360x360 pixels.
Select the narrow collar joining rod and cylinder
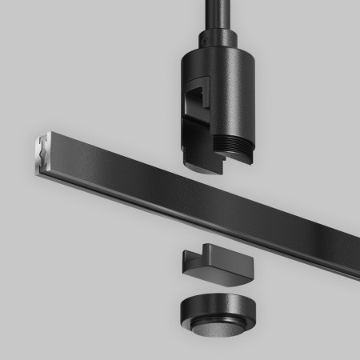(x=214, y=37)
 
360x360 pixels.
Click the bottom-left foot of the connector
(x=194, y=165)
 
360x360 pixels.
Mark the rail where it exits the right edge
(x=353, y=241)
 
